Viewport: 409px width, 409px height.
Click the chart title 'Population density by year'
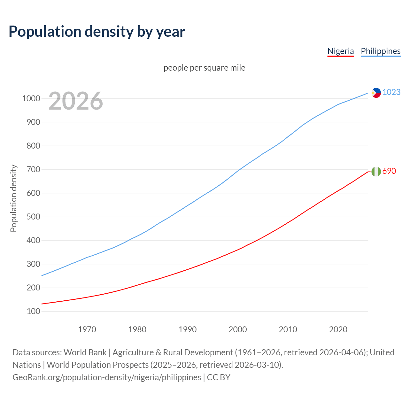coord(97,31)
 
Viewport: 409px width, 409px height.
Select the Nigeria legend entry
coord(341,51)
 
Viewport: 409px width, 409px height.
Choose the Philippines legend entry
coord(381,51)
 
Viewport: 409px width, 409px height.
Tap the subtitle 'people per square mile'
coord(204,68)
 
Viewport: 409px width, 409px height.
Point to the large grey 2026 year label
coord(76,101)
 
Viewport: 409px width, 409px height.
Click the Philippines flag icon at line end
coord(376,93)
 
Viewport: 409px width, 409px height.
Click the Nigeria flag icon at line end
coord(376,172)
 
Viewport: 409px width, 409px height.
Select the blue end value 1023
coord(391,92)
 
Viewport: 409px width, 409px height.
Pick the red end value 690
coord(389,171)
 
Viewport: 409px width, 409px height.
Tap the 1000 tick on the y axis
coord(31,98)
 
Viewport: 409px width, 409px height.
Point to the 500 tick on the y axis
coord(33,217)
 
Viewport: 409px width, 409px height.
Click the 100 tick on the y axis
coord(33,311)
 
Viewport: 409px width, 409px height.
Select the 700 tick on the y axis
coord(33,169)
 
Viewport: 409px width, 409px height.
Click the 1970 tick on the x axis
coord(87,329)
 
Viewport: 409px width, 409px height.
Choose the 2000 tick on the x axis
coord(238,329)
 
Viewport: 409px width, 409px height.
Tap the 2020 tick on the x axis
coord(338,329)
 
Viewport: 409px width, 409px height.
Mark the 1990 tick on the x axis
coord(188,329)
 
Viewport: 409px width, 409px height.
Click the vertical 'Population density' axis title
coord(13,198)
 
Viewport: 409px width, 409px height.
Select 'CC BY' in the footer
coord(219,377)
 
